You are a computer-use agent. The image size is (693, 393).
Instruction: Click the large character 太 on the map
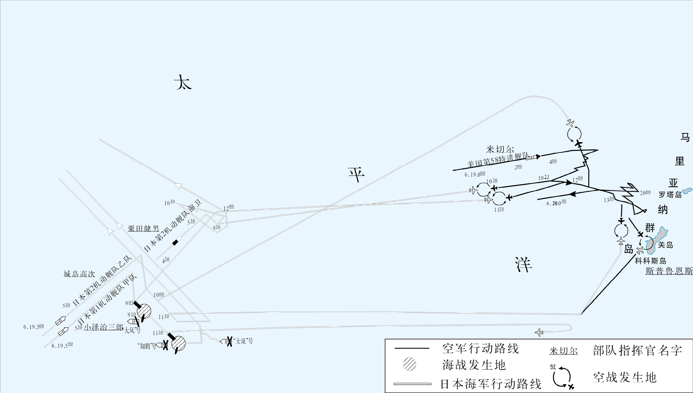183,82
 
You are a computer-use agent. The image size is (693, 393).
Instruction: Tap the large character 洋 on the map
523,265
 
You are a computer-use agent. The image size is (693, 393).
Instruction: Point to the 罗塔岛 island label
670,195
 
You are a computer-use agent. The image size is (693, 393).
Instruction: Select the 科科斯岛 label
650,261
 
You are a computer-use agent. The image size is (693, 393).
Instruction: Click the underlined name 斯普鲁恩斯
669,271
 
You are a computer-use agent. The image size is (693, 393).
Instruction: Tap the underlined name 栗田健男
143,229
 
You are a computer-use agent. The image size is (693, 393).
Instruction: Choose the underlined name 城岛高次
79,274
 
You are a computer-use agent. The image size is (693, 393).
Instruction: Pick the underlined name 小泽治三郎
104,327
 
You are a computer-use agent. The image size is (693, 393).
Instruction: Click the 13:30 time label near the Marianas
609,200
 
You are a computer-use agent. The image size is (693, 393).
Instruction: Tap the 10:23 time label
543,178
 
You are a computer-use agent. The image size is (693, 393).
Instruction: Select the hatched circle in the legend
410,364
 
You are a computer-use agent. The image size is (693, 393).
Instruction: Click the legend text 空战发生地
625,377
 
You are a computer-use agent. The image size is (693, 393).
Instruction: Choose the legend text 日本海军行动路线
491,384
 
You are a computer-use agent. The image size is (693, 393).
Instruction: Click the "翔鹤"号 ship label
147,346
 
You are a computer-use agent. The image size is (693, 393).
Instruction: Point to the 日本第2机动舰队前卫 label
173,226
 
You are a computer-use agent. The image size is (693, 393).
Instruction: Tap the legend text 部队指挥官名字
637,351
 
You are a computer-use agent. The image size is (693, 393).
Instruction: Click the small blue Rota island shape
687,191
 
